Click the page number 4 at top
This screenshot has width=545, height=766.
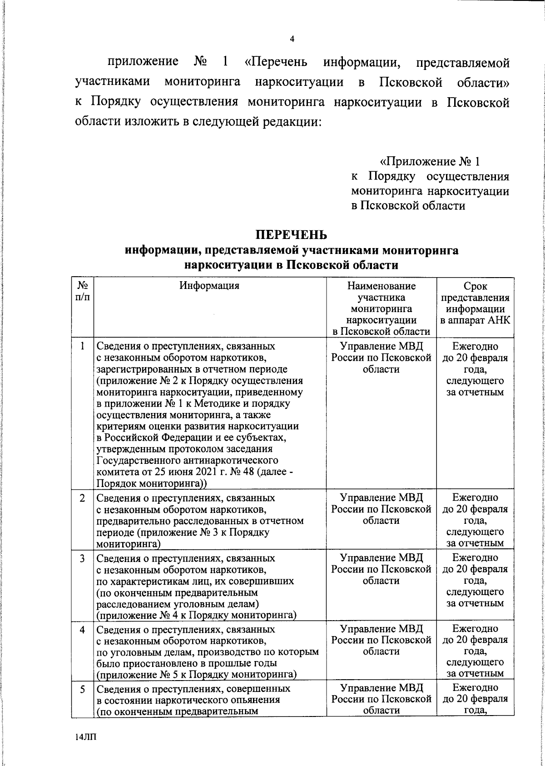pyautogui.click(x=292, y=40)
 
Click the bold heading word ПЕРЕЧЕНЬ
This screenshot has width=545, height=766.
pyautogui.click(x=291, y=235)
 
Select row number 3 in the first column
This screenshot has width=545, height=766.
pyautogui.click(x=82, y=558)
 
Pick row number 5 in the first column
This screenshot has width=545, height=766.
pyautogui.click(x=82, y=689)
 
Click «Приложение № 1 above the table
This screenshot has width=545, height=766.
pyautogui.click(x=429, y=161)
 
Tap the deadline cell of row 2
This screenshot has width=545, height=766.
pyautogui.click(x=475, y=520)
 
